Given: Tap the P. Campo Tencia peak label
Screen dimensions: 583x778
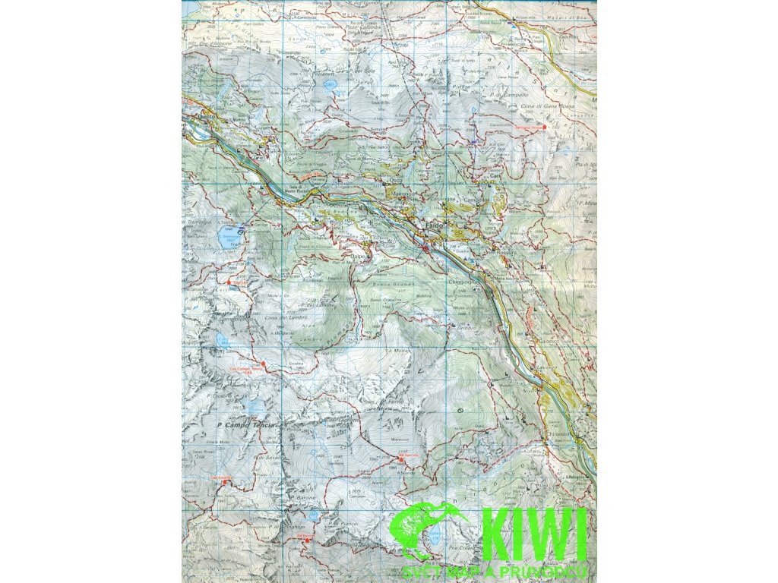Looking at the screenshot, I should pyautogui.click(x=245, y=425).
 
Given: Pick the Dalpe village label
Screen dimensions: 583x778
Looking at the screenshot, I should pyautogui.click(x=358, y=257).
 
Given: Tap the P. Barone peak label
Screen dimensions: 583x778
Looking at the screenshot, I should pyautogui.click(x=302, y=499).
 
